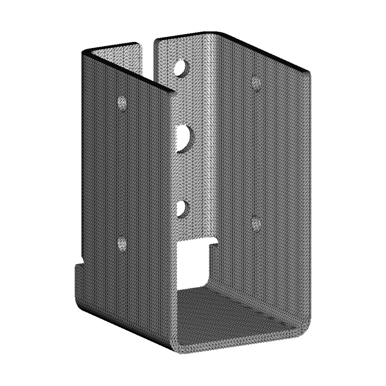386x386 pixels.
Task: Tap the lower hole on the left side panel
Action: coord(122,244)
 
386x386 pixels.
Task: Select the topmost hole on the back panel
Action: coord(182,67)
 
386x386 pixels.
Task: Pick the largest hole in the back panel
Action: coord(184,139)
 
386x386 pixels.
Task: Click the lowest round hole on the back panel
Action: coord(182,208)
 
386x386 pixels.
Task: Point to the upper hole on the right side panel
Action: coord(256,83)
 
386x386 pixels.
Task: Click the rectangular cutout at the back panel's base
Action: coord(192,264)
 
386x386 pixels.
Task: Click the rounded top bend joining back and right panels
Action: coord(215,36)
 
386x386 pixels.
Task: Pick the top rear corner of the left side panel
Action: coord(84,52)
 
